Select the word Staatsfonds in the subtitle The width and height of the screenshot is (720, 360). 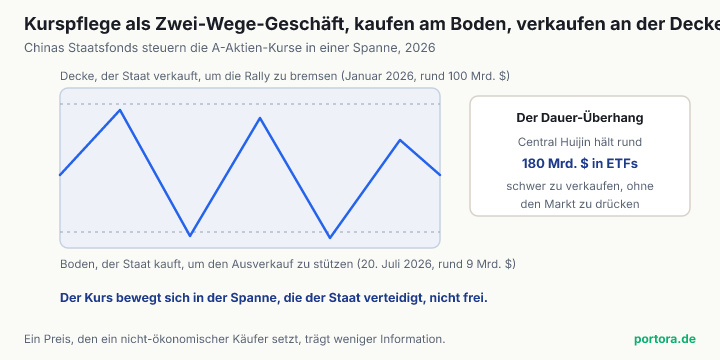(90, 48)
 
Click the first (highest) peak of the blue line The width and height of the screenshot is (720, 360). (120, 110)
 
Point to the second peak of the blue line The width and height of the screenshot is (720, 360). (260, 118)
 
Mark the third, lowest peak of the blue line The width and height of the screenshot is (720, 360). (400, 140)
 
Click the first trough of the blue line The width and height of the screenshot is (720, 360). (190, 236)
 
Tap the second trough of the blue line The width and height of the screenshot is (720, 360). (330, 238)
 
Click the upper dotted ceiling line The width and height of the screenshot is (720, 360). (250, 104)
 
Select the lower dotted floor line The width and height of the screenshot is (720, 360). (250, 232)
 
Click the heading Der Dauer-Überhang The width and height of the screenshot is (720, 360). (579, 118)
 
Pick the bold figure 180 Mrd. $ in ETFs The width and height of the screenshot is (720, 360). (579, 163)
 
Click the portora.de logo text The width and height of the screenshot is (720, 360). (665, 339)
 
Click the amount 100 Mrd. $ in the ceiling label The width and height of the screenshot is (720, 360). (479, 76)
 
